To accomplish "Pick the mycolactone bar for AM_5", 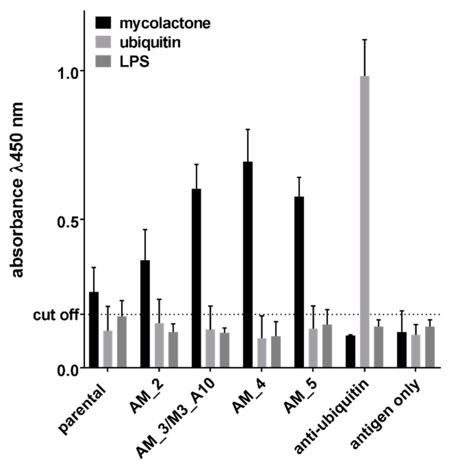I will [299, 282].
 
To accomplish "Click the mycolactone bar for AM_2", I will [145, 314].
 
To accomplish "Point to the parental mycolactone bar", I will [94, 329].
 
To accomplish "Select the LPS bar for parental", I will [122, 342].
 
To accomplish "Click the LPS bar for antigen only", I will [430, 347].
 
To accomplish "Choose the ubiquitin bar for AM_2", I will [159, 345].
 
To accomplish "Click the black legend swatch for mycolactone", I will [103, 23].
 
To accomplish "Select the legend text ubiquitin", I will [150, 42].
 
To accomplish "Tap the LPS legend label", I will [134, 61].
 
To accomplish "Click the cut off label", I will [56, 315].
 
